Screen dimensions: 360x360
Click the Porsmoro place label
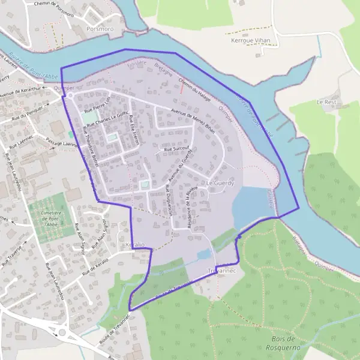[100, 28]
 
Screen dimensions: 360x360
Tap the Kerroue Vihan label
[251, 41]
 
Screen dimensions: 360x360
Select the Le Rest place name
[326, 103]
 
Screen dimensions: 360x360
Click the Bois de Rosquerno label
[282, 343]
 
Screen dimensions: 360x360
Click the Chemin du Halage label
[194, 90]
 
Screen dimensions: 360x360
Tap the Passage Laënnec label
[62, 142]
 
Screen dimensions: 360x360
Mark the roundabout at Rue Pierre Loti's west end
[70, 95]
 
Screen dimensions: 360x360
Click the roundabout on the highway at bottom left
[62, 331]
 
